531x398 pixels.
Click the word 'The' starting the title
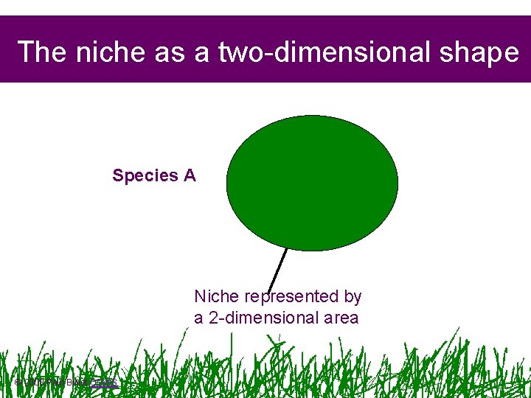pyautogui.click(x=38, y=52)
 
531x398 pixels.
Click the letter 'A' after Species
pyautogui.click(x=190, y=175)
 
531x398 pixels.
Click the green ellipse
pyautogui.click(x=312, y=183)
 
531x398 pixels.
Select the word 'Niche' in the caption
pyautogui.click(x=216, y=296)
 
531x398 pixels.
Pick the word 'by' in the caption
pyautogui.click(x=353, y=296)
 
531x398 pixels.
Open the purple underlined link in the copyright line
pyautogui.click(x=104, y=382)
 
